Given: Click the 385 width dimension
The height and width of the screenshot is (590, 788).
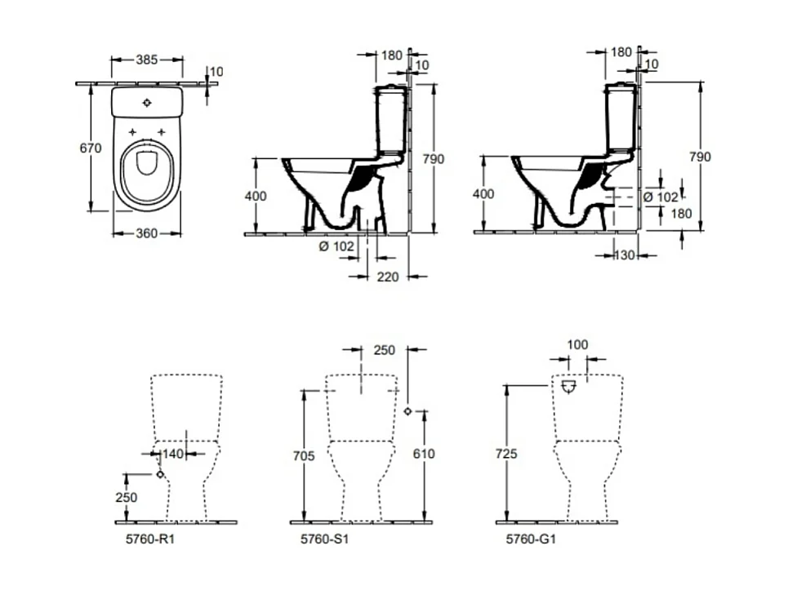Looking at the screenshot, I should [147, 60].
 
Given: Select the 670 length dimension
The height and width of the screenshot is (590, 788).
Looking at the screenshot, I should [90, 148].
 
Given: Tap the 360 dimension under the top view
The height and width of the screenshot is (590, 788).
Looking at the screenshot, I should [146, 233].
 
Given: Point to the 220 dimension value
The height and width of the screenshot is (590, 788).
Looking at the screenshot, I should [388, 277].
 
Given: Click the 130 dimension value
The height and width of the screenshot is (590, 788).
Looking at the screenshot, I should [625, 255].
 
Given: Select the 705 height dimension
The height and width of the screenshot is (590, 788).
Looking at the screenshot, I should [303, 456].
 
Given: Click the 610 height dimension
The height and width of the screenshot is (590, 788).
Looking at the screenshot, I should [425, 453].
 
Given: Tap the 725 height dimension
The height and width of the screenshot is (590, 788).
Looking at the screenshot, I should [506, 453].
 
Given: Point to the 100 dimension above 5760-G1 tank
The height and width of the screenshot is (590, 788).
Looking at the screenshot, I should [577, 345].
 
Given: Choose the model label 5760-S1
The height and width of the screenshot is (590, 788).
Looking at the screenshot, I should [318, 539].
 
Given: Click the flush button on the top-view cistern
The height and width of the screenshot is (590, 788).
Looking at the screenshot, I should [147, 103].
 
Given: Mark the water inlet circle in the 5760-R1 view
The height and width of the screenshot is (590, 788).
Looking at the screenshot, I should [160, 474].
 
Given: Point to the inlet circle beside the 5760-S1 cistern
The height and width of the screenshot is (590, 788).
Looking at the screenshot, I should [408, 411].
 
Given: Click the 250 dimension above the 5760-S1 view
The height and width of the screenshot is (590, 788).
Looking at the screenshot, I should [384, 350].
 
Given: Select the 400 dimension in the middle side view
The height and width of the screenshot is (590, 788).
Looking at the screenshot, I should [256, 194].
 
